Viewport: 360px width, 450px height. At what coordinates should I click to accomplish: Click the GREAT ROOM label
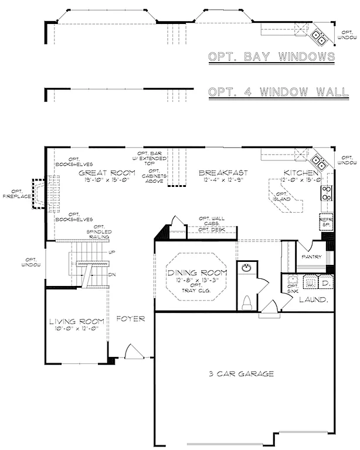click(x=107, y=173)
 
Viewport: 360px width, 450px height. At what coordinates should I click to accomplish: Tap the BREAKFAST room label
click(x=222, y=173)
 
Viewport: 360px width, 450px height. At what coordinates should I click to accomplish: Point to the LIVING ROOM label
click(x=77, y=321)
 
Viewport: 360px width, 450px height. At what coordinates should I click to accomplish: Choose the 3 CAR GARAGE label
click(x=242, y=373)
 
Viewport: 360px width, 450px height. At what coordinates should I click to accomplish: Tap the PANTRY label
click(x=310, y=257)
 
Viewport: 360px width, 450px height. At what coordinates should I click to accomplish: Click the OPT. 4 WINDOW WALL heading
click(x=279, y=93)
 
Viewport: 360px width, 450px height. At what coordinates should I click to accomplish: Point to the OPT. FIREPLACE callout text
click(x=15, y=194)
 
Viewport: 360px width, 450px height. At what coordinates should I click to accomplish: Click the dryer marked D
click(x=325, y=283)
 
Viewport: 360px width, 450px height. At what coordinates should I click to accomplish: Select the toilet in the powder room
click(x=247, y=302)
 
